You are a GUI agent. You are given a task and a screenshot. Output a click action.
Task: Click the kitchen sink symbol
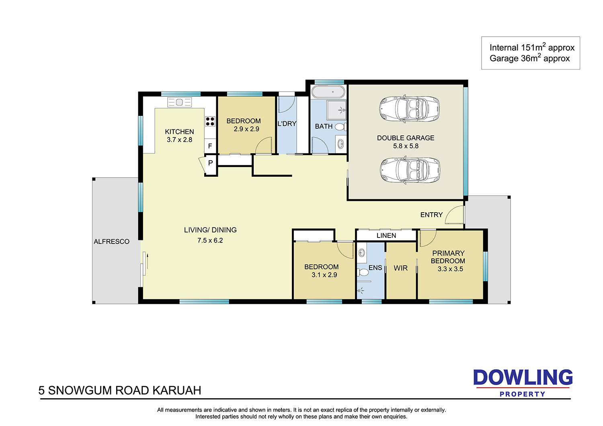179,102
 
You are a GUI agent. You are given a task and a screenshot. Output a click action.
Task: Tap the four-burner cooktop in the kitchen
210,121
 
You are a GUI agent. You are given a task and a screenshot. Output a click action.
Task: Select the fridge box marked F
210,146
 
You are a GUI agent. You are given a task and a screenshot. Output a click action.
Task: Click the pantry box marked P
211,163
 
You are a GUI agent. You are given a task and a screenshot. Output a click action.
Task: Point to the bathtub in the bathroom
328,92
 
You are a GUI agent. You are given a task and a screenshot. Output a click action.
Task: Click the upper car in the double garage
410,109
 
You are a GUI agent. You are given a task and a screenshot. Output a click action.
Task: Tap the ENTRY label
431,215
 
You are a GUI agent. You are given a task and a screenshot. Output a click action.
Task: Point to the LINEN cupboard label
386,236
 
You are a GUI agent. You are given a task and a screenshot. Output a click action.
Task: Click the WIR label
400,268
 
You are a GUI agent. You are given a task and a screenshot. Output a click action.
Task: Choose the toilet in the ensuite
362,272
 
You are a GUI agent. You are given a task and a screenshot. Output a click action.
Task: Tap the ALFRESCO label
111,242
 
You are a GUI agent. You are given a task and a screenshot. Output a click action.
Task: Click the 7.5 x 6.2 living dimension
210,240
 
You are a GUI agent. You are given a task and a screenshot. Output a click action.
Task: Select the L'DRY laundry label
287,123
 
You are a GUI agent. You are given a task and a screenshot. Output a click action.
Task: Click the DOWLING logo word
523,377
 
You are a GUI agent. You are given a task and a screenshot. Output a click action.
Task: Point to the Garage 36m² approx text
529,58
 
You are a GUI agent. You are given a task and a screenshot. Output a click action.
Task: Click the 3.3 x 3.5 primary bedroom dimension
450,269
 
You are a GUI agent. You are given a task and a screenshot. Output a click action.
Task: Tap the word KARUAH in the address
177,391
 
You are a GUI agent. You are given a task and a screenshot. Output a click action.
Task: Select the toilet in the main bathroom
341,127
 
